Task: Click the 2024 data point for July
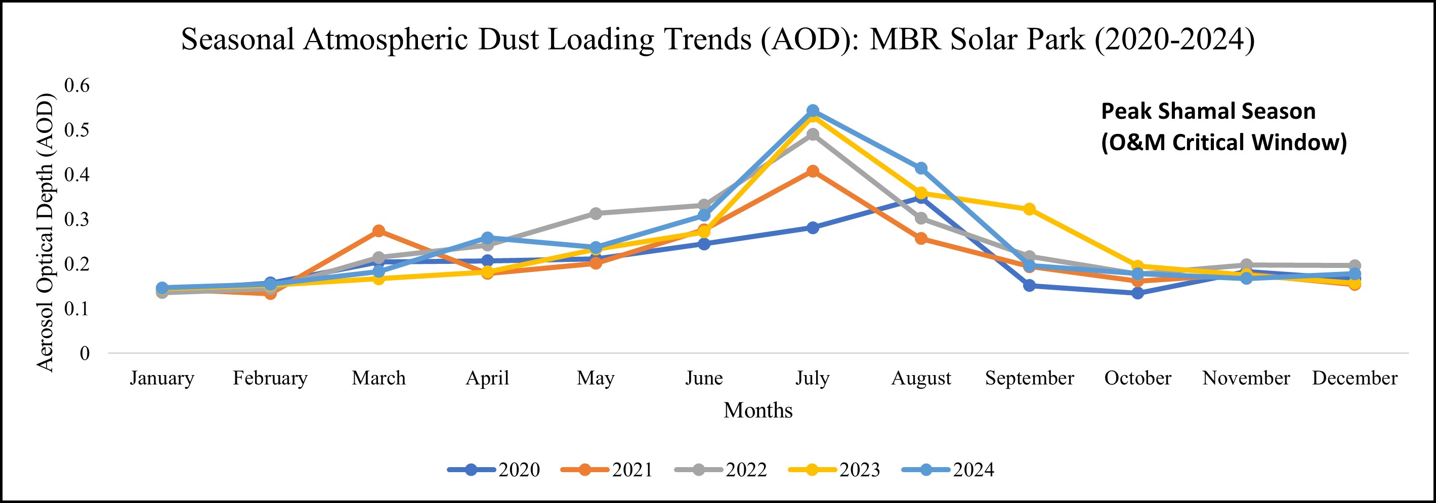[x=812, y=110]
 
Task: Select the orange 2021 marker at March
[x=378, y=231]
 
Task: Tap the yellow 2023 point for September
[x=1029, y=209]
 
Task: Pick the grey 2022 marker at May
[x=596, y=213]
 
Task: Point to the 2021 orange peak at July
[x=812, y=171]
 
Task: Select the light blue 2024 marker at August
[x=921, y=168]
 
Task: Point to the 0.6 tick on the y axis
[x=77, y=85]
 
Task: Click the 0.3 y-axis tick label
[x=77, y=219]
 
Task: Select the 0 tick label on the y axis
[x=85, y=353]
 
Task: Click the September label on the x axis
[x=1029, y=378]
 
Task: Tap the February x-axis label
[x=270, y=378]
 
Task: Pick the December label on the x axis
[x=1355, y=378]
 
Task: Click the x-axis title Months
[x=757, y=410]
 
